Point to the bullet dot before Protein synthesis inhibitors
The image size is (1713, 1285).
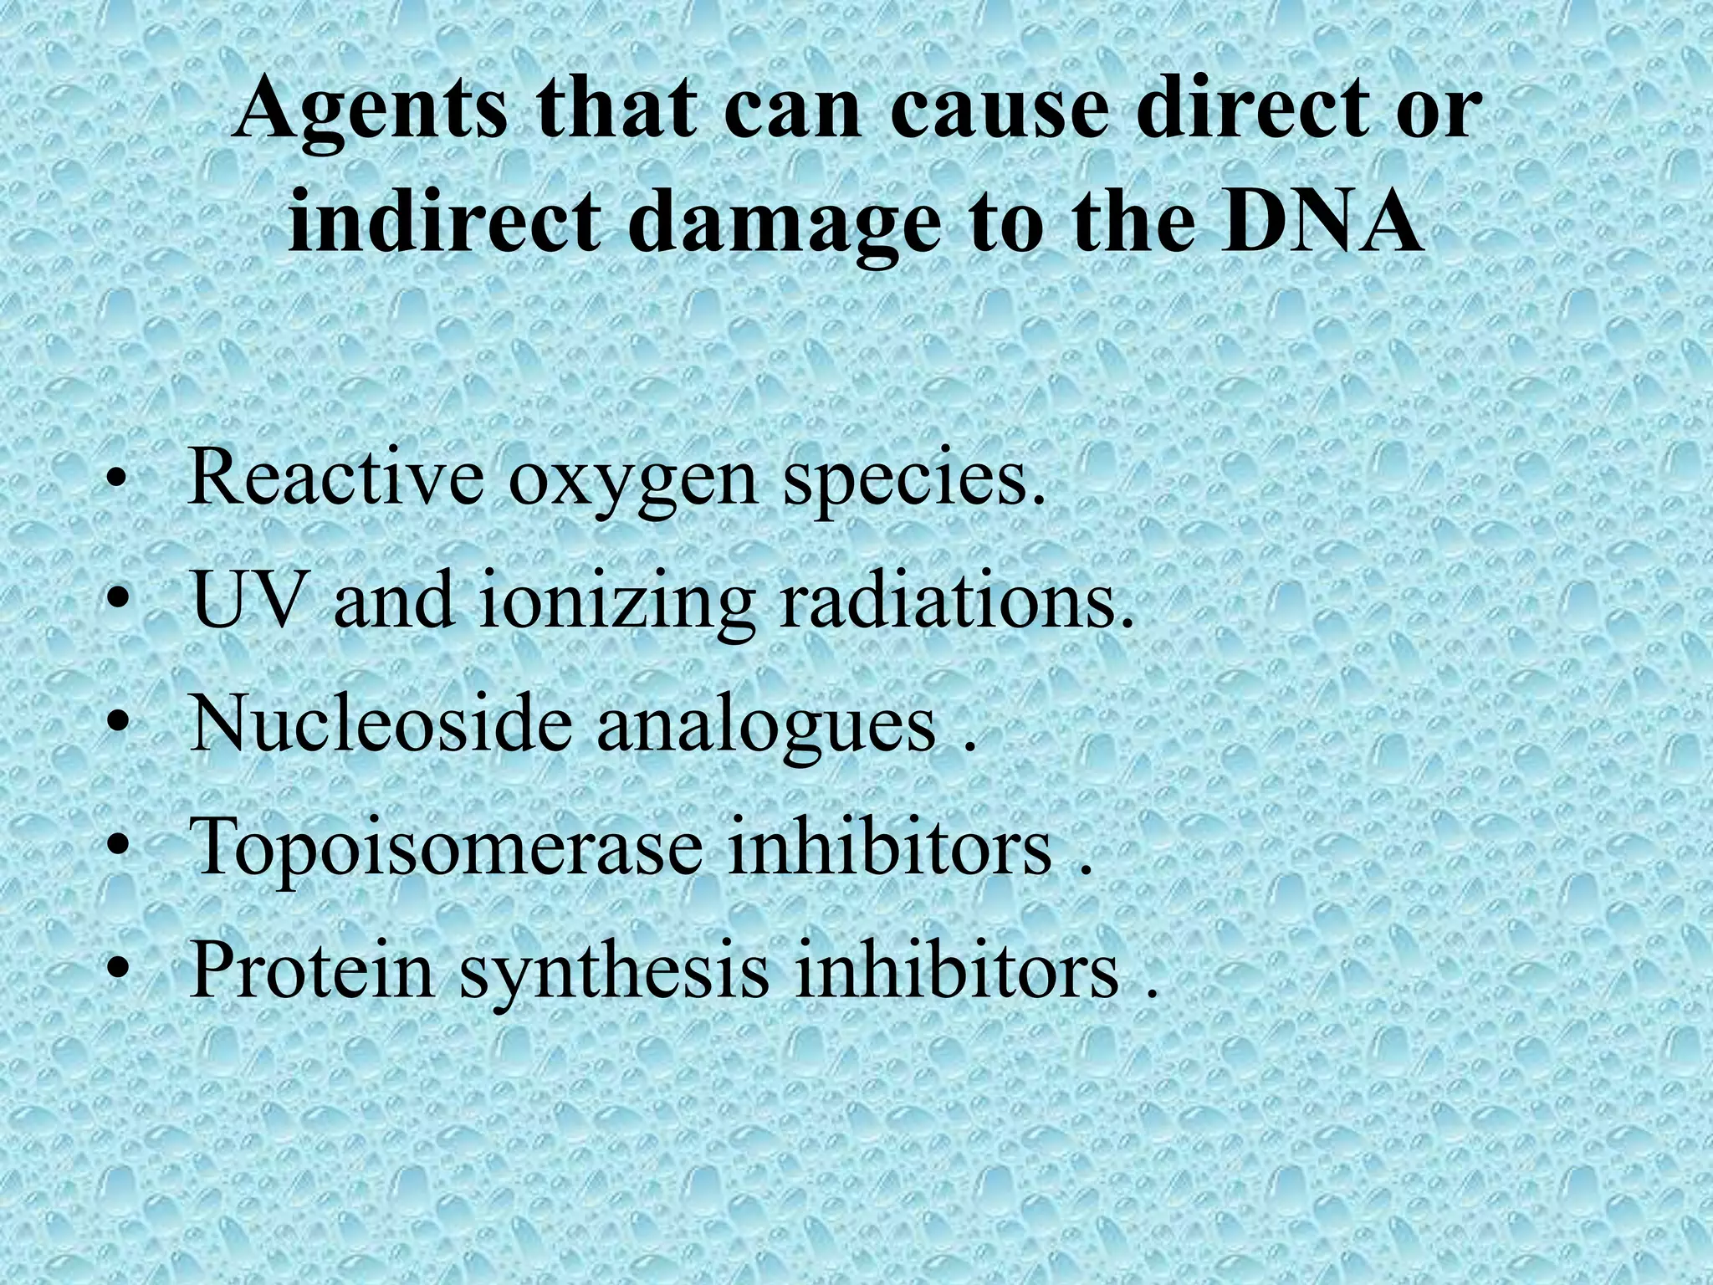pyautogui.click(x=120, y=974)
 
